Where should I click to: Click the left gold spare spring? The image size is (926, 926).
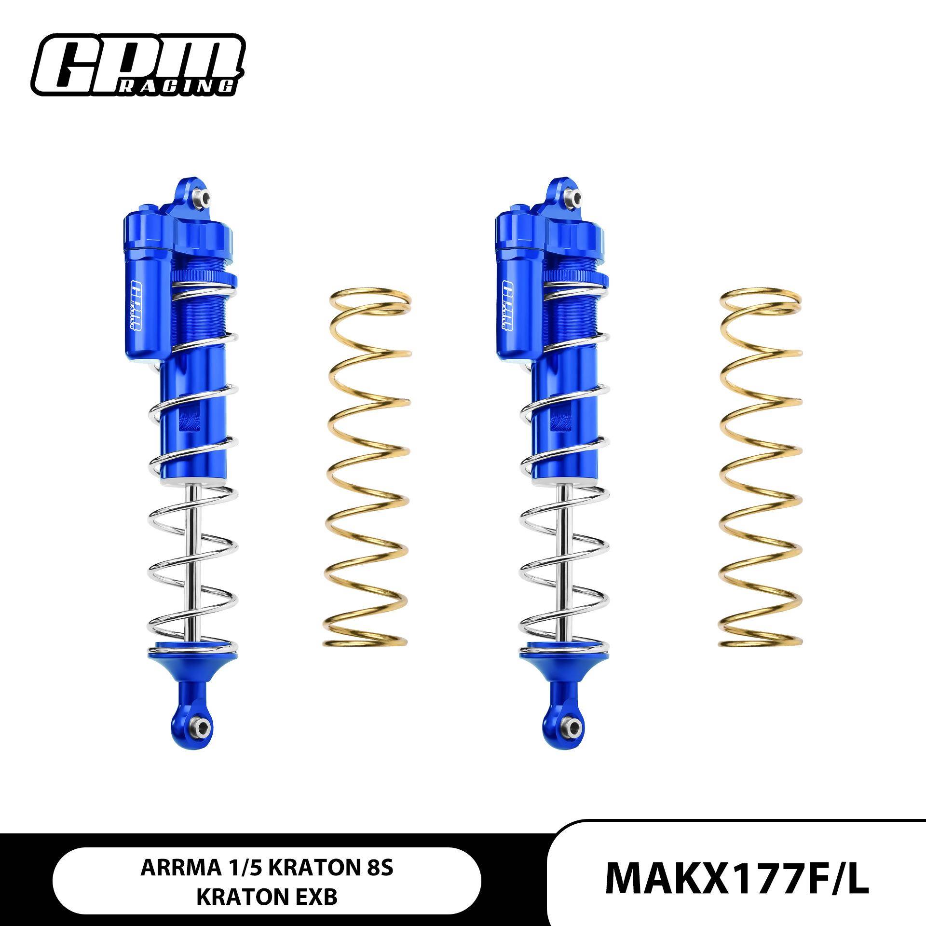[369, 468]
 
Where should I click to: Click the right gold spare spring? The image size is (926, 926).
[761, 468]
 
